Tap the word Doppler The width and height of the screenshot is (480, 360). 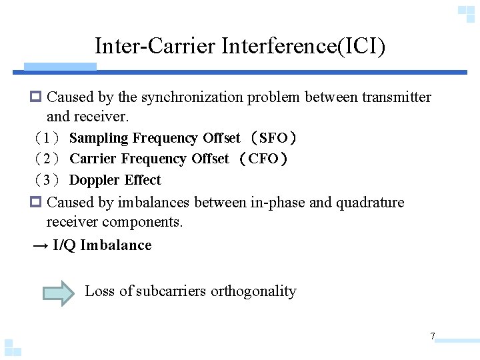pos(93,180)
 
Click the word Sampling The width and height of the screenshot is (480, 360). pos(98,138)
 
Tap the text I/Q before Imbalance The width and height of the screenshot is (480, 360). pos(64,245)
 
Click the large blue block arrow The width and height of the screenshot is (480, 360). pos(59,292)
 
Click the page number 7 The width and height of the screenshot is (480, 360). pos(433,336)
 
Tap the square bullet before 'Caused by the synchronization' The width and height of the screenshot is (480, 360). pos(37,97)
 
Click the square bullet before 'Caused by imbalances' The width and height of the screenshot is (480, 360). pos(37,203)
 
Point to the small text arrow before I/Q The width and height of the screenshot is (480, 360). pos(40,245)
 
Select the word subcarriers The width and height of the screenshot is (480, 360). pos(171,291)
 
